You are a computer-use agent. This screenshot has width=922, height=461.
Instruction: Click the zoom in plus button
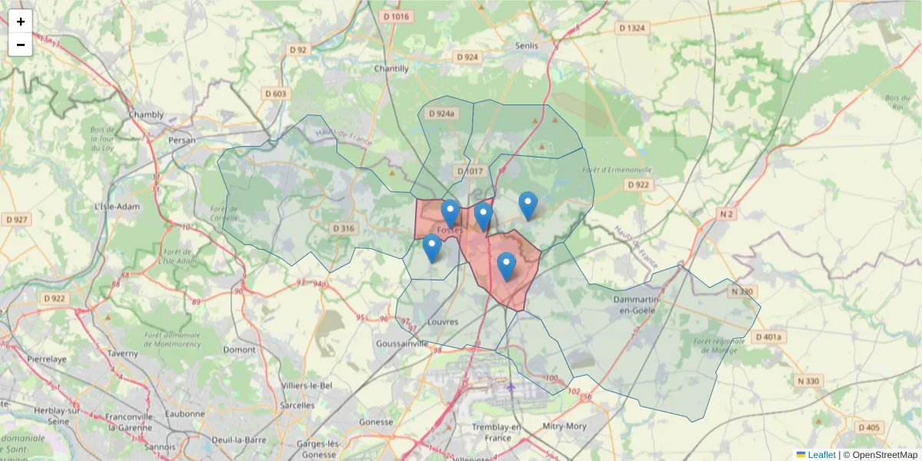click(21, 22)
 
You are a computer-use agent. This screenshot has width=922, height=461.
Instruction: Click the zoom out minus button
click(21, 45)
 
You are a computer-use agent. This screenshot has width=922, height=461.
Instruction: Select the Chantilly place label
click(391, 68)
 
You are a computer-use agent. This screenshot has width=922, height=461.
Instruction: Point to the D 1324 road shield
click(632, 28)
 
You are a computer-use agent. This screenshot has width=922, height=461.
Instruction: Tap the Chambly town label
click(146, 115)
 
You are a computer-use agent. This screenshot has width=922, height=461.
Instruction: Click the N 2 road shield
click(727, 214)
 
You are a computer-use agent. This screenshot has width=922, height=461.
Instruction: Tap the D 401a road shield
click(771, 337)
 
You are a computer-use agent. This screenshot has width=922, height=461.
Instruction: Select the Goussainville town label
click(403, 344)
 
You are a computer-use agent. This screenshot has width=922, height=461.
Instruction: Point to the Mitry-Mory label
click(564, 426)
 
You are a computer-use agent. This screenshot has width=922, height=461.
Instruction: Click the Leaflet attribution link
click(821, 455)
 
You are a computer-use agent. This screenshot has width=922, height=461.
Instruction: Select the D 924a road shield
click(442, 113)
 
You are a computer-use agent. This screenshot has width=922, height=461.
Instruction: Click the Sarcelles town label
click(298, 405)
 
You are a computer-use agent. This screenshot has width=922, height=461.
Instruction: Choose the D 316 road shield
click(344, 228)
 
